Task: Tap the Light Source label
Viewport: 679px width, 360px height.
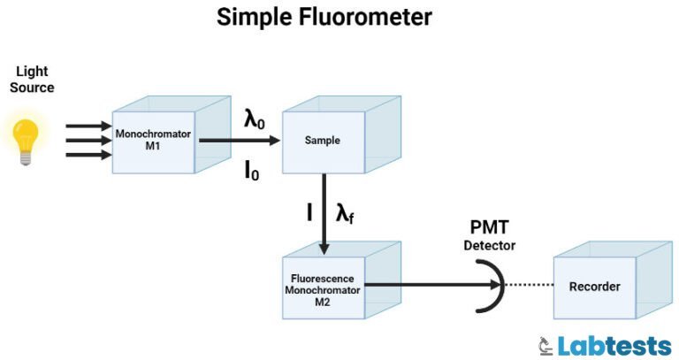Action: pos(33,80)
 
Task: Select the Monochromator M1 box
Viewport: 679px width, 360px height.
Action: pos(152,140)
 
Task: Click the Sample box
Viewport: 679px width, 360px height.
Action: pos(322,141)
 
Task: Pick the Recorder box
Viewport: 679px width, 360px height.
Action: pos(594,287)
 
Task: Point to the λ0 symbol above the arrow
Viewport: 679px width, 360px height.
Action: pos(255,117)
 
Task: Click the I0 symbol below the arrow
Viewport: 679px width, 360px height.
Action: pos(252,170)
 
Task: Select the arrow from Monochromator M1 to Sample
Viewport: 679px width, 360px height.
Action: pos(240,140)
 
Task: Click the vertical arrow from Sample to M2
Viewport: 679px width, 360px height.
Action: pos(324,212)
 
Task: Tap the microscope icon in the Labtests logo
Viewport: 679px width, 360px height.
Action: pos(545,344)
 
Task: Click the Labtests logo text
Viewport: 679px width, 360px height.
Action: pos(615,344)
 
